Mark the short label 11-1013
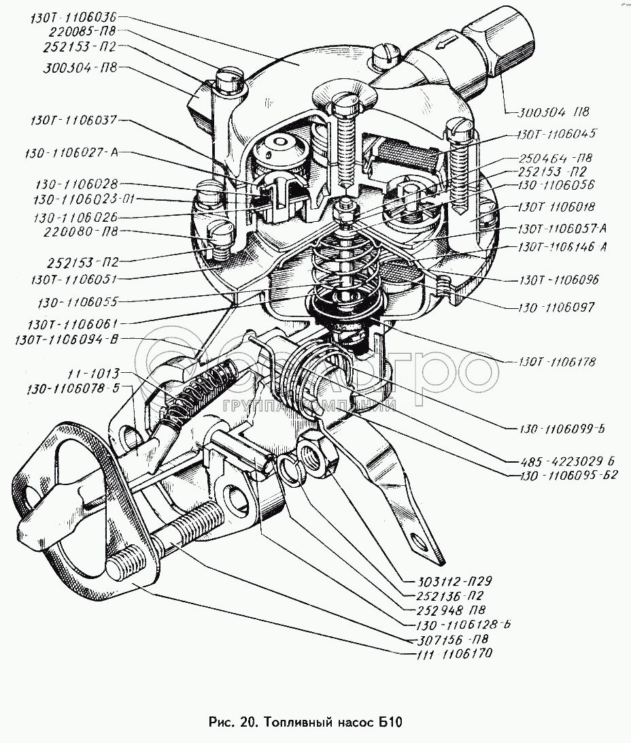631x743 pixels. (93, 374)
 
